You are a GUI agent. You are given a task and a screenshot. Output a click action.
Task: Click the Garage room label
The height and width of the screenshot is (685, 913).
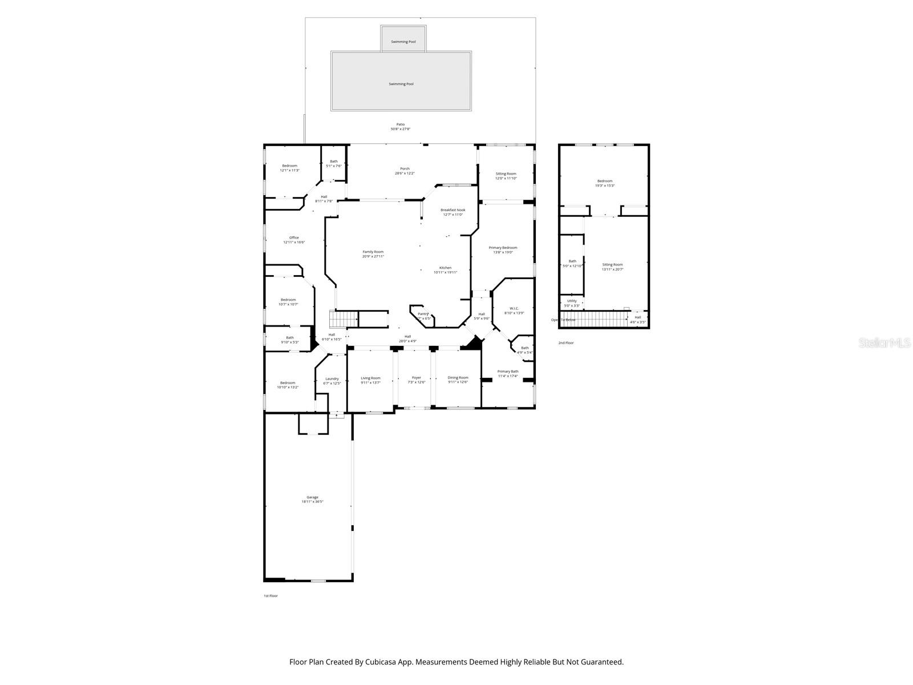pos(312,497)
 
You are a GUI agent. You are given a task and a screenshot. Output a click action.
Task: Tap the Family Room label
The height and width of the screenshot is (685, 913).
pos(373,252)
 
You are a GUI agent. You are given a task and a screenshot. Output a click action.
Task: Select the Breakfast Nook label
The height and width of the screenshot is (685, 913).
pos(453,210)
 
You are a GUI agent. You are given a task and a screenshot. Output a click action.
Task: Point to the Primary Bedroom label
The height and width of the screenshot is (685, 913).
pos(503,248)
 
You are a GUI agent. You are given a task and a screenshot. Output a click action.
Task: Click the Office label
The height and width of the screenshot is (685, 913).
pos(294,237)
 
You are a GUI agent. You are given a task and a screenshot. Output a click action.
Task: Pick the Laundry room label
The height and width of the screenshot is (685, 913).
pos(332,378)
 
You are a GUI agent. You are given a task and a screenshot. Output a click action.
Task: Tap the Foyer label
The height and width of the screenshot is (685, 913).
pos(417,377)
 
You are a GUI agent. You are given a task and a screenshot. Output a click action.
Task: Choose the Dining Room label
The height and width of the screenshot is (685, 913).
pos(458,377)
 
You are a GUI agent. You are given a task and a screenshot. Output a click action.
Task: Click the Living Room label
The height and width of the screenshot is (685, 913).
pos(370,378)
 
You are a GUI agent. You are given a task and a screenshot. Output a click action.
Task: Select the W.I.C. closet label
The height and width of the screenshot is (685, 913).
pos(514,308)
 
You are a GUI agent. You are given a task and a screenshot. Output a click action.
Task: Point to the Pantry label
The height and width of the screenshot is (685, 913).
pos(423,314)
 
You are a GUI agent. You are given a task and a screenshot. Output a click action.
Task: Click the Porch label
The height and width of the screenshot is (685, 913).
pos(405,168)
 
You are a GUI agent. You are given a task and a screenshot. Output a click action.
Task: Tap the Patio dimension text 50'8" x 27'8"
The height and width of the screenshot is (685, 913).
pos(400,129)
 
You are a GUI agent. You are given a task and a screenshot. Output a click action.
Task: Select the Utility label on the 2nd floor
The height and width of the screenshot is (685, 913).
pos(572,301)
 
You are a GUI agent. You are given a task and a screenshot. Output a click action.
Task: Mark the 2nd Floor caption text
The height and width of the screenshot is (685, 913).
pos(565,342)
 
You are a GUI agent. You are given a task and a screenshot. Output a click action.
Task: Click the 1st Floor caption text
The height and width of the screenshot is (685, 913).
pos(270,595)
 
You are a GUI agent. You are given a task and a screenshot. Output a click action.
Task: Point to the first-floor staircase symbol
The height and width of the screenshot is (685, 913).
pos(345,319)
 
